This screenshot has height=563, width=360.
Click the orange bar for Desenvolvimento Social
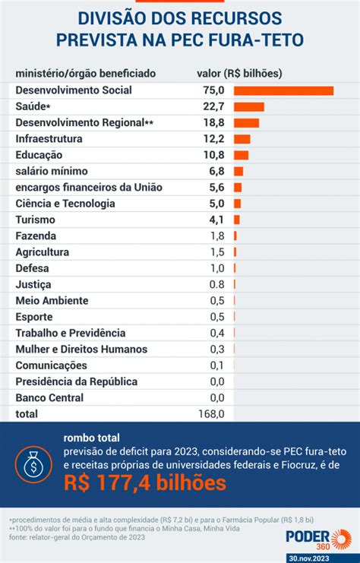coord(283,90)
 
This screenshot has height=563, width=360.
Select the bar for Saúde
coord(249,106)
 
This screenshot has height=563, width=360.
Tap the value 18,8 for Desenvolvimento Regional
coord(214,123)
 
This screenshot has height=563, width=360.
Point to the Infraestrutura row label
coord(49,139)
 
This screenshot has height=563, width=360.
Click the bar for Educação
coord(242,155)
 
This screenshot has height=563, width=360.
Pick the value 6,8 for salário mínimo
coord(216,171)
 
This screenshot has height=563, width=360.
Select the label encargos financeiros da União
coord(89,188)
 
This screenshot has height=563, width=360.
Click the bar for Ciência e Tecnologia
coord(237,204)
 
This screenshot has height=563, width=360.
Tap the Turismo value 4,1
coord(216,220)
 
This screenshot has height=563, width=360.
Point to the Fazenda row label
coord(36,236)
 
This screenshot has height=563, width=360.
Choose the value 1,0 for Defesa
coord(217,268)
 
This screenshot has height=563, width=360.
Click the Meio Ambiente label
coord(52,301)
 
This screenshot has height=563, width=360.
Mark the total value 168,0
coord(211,414)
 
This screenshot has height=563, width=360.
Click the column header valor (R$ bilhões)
coord(239,74)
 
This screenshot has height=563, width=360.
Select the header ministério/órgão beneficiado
coord(85,74)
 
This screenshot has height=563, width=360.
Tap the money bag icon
coord(33,464)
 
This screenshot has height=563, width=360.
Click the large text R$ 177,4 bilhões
coord(145,482)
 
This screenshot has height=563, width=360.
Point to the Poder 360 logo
coord(318,539)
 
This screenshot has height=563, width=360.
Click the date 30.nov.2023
coord(309,558)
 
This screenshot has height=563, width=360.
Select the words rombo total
coord(92,438)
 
